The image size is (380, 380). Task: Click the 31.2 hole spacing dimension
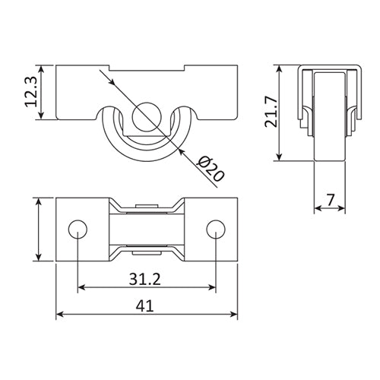(146, 279)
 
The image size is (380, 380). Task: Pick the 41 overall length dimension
(146, 307)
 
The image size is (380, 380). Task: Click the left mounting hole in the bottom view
(77, 229)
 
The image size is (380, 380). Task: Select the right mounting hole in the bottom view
(216, 229)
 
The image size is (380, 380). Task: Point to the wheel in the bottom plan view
(146, 229)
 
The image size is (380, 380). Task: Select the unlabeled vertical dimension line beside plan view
(39, 229)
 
